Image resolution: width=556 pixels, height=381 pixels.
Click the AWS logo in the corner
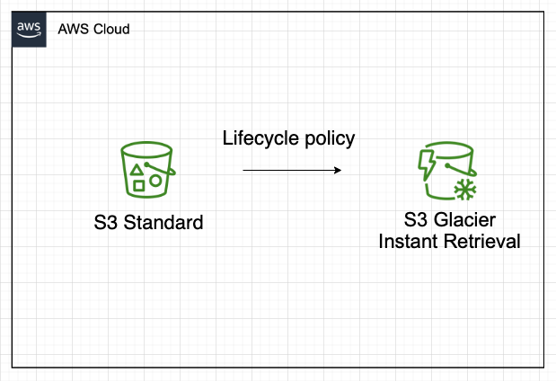point(30,29)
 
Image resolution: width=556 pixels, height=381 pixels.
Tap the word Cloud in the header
point(111,29)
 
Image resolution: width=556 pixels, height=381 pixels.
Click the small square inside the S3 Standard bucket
point(139,186)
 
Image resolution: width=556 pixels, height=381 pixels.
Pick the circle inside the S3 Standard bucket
point(155,181)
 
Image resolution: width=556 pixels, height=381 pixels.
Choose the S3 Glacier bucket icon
point(446,170)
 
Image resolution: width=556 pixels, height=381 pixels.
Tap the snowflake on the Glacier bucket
point(464,189)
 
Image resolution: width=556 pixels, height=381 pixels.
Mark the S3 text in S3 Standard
point(106,222)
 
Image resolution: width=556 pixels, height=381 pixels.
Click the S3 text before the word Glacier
point(417,222)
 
